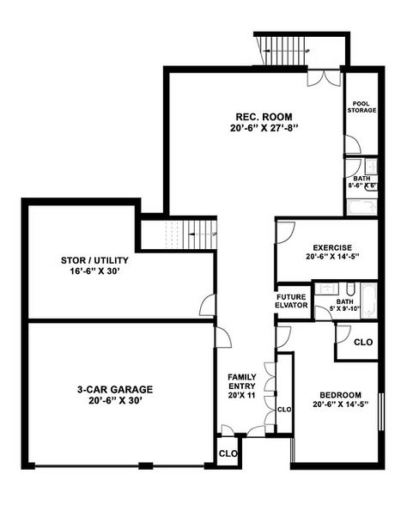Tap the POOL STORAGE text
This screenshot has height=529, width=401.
[361, 106]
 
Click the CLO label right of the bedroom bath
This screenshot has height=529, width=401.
[363, 342]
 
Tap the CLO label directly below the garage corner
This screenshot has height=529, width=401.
[227, 453]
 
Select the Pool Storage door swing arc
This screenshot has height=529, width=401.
[352, 143]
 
